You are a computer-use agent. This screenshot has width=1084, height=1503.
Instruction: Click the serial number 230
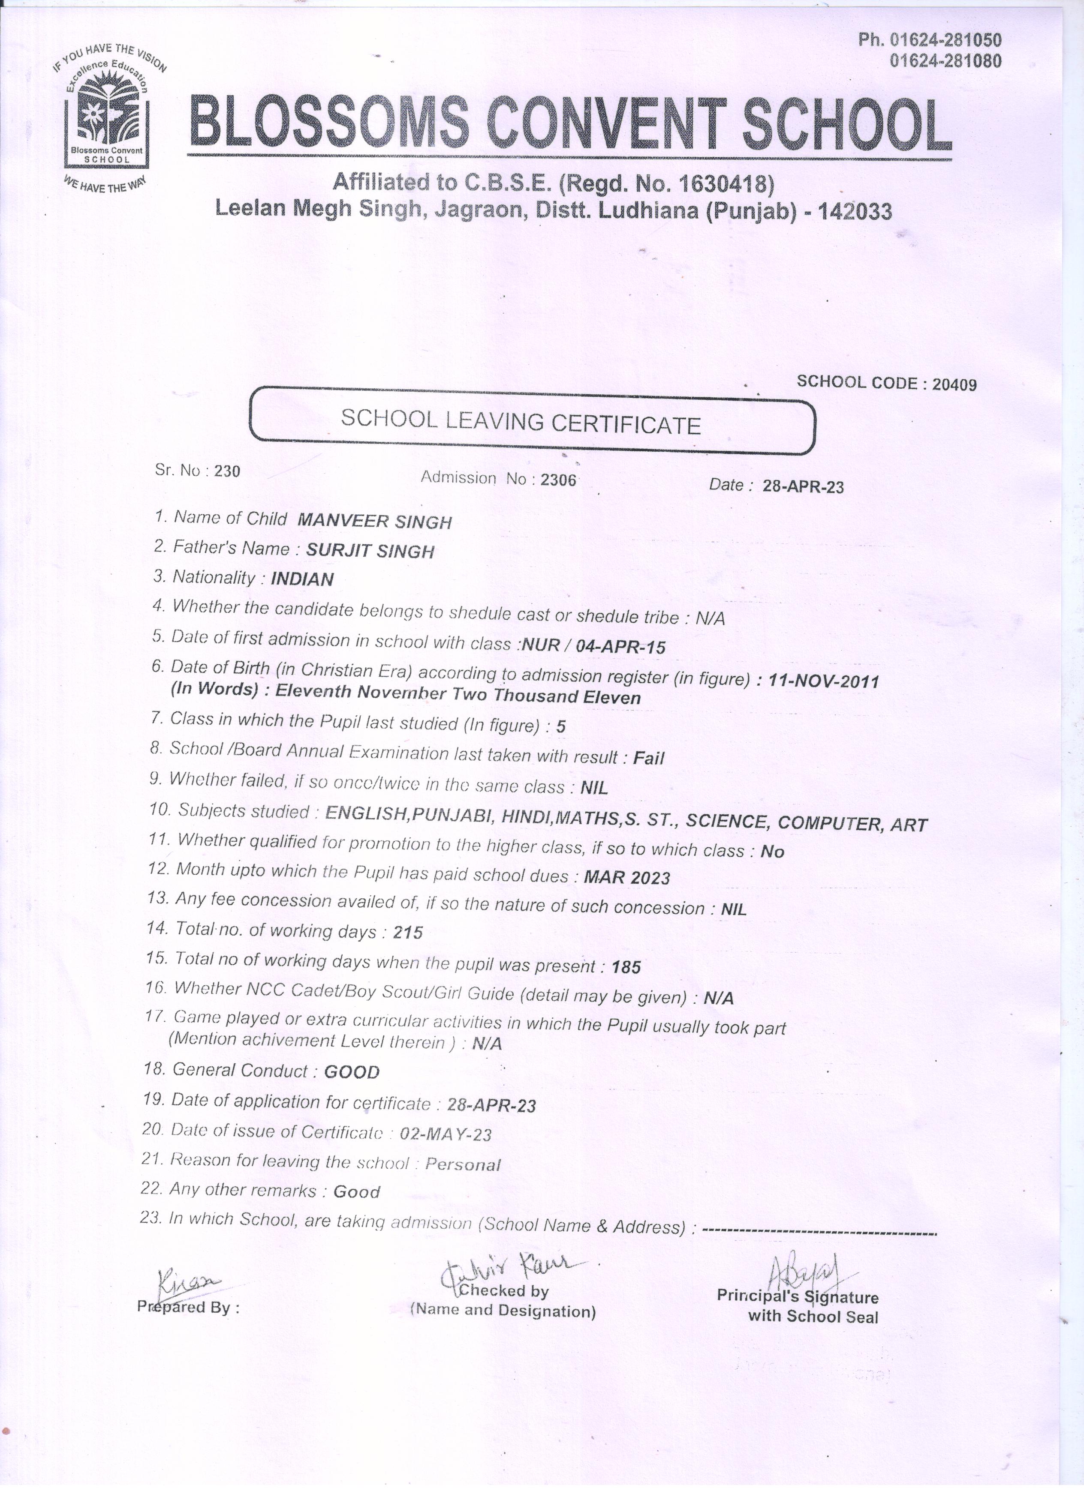227,471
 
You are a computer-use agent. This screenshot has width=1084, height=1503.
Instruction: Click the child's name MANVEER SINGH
375,521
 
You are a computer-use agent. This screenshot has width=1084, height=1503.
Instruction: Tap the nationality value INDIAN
302,579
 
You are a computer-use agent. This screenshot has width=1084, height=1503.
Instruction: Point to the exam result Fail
648,757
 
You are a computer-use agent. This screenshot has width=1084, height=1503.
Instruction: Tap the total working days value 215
408,933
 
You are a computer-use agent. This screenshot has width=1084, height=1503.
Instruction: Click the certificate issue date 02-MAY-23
446,1134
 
